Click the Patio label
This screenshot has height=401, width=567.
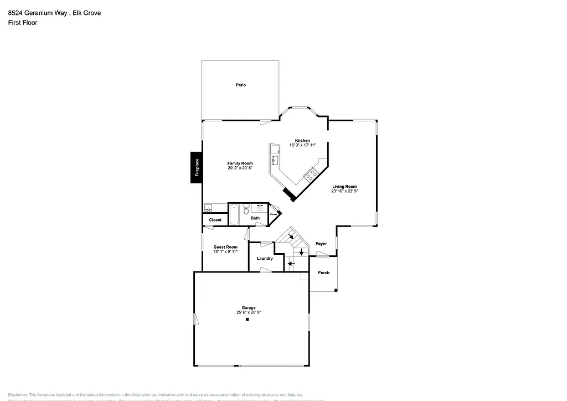pos(241,85)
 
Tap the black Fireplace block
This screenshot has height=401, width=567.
pos(196,167)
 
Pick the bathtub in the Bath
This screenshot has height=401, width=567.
pos(234,214)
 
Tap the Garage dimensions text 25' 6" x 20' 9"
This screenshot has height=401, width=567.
pos(248,312)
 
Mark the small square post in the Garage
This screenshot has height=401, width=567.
pos(248,326)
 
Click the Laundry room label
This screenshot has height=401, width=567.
pos(265,259)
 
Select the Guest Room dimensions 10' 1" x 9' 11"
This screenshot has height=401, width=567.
pos(225,251)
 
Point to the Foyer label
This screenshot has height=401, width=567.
pos(321,244)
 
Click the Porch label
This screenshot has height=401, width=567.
pos(323,273)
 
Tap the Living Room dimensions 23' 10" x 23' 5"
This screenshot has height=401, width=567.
pos(344,191)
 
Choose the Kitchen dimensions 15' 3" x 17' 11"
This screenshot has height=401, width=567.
pos(302,145)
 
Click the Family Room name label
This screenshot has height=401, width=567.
pos(240,163)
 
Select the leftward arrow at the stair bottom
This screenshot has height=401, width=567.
pos(291,265)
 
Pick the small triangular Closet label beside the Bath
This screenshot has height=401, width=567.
pos(274,214)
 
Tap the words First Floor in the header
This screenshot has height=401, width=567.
pos(23,23)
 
